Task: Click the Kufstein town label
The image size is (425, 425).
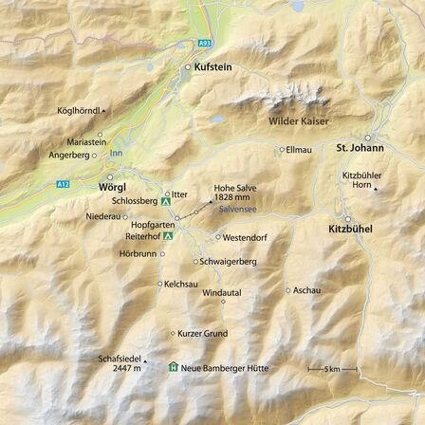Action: pos(212,67)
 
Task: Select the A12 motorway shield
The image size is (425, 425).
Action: pos(62,183)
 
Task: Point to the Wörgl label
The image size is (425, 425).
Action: pos(112,189)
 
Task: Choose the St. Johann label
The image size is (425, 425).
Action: pos(360,148)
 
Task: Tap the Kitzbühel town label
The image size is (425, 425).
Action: pos(350,229)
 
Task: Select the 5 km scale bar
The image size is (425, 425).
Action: pos(331,369)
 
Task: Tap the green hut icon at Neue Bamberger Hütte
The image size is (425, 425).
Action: pos(173,366)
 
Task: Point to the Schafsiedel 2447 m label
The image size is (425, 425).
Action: pos(125,361)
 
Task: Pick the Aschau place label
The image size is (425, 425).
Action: pos(307,290)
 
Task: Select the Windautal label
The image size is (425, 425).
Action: pos(222,293)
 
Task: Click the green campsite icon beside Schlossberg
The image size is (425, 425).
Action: pos(167,202)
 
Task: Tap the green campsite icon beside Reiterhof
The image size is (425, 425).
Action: pos(167,235)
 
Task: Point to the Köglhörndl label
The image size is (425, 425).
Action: pos(78,111)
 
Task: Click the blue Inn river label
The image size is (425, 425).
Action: pos(116,152)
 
